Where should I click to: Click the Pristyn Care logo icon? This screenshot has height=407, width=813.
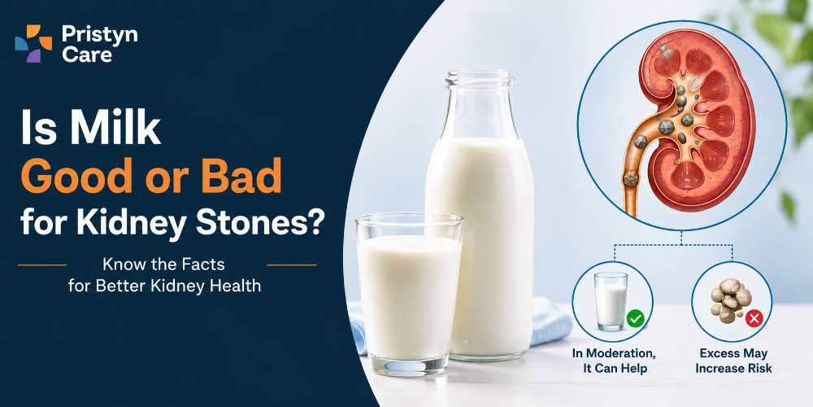pyautogui.click(x=33, y=44)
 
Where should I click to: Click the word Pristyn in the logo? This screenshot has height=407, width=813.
pyautogui.click(x=99, y=35)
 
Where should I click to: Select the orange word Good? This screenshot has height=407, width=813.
pyautogui.click(x=76, y=177)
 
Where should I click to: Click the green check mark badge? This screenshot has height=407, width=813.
pyautogui.click(x=635, y=318)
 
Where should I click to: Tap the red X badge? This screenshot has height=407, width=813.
pyautogui.click(x=754, y=318)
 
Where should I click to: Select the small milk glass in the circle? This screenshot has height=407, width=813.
pyautogui.click(x=611, y=301)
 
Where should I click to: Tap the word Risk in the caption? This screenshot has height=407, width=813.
pyautogui.click(x=759, y=369)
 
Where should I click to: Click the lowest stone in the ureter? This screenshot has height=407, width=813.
pyautogui.click(x=631, y=179)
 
